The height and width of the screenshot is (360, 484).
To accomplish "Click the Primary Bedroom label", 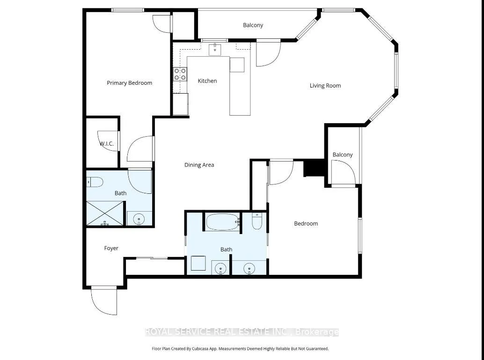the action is (x=129, y=83).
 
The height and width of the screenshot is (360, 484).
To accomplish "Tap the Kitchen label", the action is (x=207, y=81).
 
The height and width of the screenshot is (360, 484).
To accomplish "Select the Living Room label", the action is (x=325, y=86).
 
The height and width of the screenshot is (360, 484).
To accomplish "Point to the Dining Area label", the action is (x=199, y=165).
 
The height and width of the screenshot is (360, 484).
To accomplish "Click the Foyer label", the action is (x=111, y=248).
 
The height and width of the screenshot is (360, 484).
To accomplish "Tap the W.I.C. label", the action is (x=107, y=144).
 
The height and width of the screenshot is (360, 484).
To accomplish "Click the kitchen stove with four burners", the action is (x=180, y=74).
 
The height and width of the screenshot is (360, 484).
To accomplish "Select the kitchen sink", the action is (x=215, y=50).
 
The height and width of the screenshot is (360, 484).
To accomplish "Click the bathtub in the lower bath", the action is (x=223, y=222).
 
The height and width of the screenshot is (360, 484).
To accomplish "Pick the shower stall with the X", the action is (x=105, y=213).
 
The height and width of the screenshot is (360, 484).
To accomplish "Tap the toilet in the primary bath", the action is (x=95, y=182).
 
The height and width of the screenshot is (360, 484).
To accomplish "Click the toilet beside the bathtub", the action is (x=257, y=221).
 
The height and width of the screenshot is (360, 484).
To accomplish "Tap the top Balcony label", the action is (x=253, y=25).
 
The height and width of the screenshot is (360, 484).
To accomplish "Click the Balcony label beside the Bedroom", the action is (x=343, y=154).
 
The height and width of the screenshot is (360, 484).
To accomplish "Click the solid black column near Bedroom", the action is (x=314, y=168).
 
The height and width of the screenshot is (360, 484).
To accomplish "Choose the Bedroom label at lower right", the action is (x=306, y=223).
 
